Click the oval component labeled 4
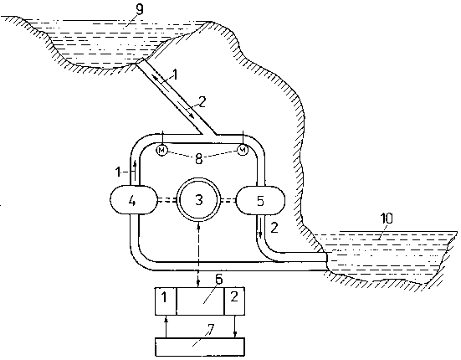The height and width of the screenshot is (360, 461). pyautogui.click(x=133, y=200)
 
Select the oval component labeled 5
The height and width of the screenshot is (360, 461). pyautogui.click(x=260, y=201)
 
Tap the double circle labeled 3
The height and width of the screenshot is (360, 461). pyautogui.click(x=199, y=200)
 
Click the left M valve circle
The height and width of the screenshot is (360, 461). pyautogui.click(x=162, y=151)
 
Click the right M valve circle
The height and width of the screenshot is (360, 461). pyautogui.click(x=243, y=151)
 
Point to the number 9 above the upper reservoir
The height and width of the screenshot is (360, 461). pyautogui.click(x=140, y=9)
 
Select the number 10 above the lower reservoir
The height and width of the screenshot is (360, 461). pyautogui.click(x=387, y=219)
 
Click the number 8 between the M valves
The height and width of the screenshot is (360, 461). pyautogui.click(x=199, y=159)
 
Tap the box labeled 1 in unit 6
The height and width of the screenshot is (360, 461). pyautogui.click(x=166, y=301)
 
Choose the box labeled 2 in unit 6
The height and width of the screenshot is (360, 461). pyautogui.click(x=234, y=301)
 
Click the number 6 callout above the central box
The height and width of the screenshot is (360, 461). pyautogui.click(x=219, y=279)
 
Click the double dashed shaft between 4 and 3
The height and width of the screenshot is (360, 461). pyautogui.click(x=166, y=200)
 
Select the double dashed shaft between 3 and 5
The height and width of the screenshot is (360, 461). pyautogui.click(x=228, y=201)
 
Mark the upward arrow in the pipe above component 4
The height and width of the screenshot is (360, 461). pyautogui.click(x=135, y=170)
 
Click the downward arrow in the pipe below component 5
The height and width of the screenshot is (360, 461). pyautogui.click(x=260, y=227)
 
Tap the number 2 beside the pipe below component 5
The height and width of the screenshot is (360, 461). pyautogui.click(x=274, y=228)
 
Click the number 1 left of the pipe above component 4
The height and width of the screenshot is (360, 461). pyautogui.click(x=118, y=172)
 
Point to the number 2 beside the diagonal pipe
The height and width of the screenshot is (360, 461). pyautogui.click(x=202, y=102)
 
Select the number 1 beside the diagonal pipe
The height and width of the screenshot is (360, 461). pyautogui.click(x=175, y=75)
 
